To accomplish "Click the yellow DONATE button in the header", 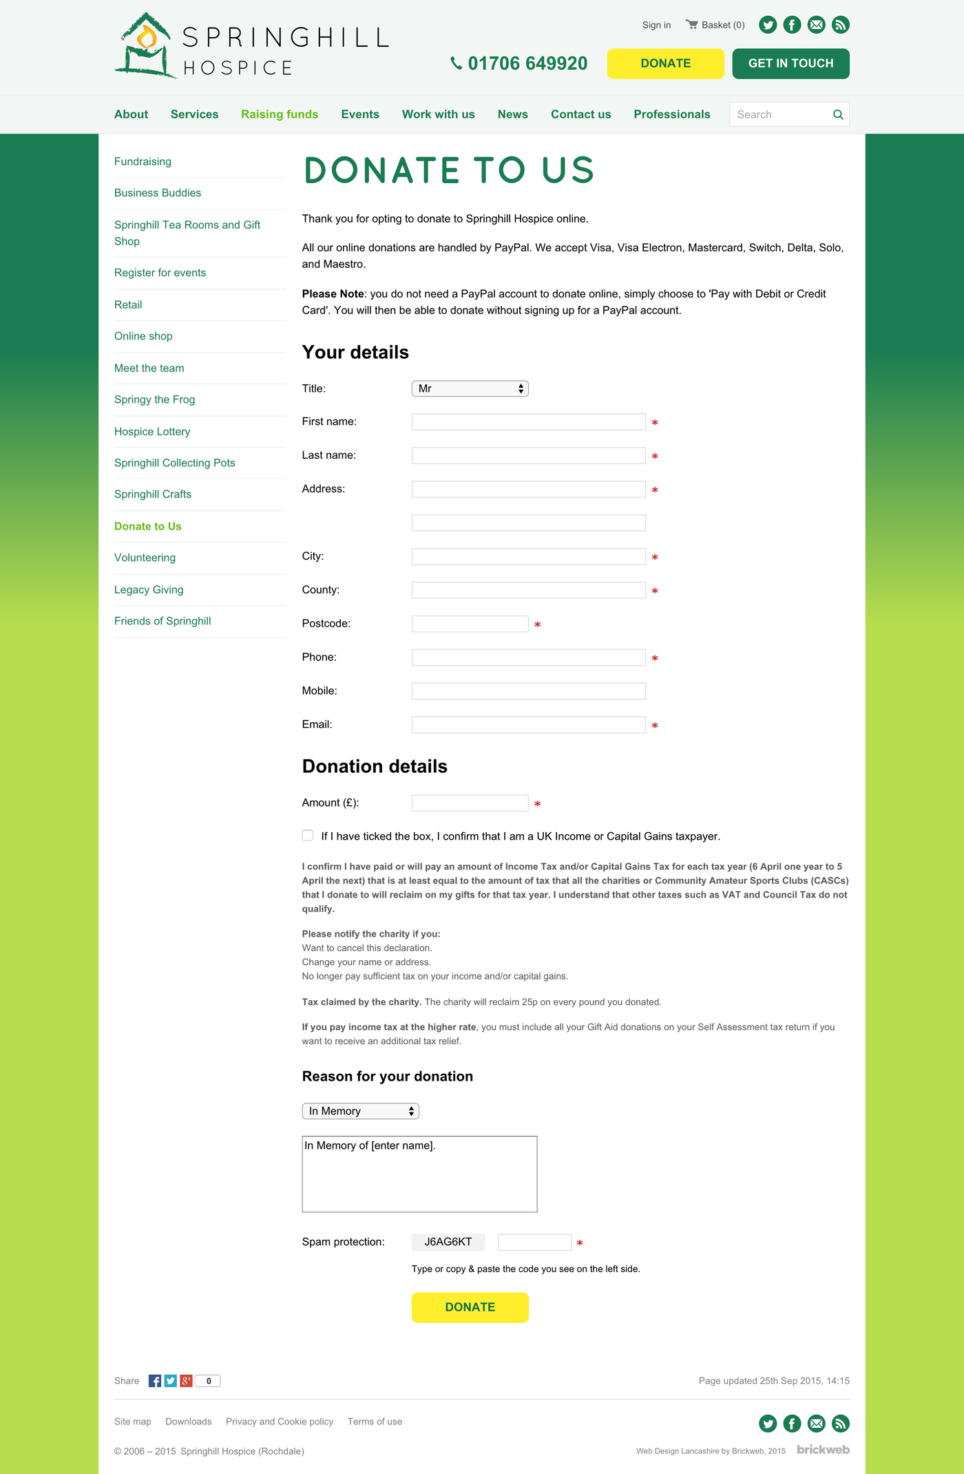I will click(x=665, y=63).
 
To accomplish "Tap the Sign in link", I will click(x=656, y=25).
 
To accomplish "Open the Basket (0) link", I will click(x=715, y=25).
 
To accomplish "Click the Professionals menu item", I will click(x=671, y=114).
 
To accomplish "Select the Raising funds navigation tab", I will click(x=279, y=114).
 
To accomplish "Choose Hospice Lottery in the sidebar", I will click(x=152, y=432).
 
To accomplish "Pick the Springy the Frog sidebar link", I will click(x=154, y=399).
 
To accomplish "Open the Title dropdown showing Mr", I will click(x=470, y=388).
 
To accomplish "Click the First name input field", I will click(x=528, y=422).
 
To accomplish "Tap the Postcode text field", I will click(x=470, y=624).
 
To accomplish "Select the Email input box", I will click(x=528, y=725).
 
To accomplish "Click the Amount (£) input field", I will click(x=470, y=803).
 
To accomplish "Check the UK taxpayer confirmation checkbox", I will click(x=308, y=835).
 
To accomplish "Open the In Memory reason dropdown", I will click(x=360, y=1111).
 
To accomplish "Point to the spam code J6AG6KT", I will click(x=448, y=1242).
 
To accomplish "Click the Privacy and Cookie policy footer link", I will click(x=279, y=1422).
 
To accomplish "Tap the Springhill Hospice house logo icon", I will click(x=145, y=46).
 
